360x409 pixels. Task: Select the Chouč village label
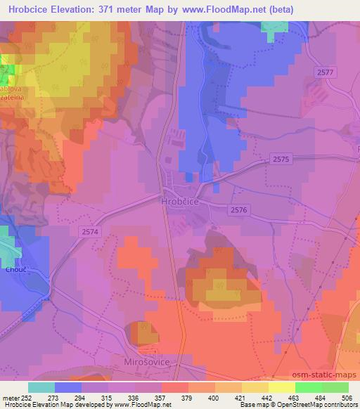(16, 267)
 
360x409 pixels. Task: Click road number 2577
(326, 72)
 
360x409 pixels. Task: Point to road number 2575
(281, 160)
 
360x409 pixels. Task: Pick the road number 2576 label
(239, 210)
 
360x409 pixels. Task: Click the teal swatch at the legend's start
(41, 387)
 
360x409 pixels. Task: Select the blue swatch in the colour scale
(68, 387)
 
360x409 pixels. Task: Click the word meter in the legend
(11, 397)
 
